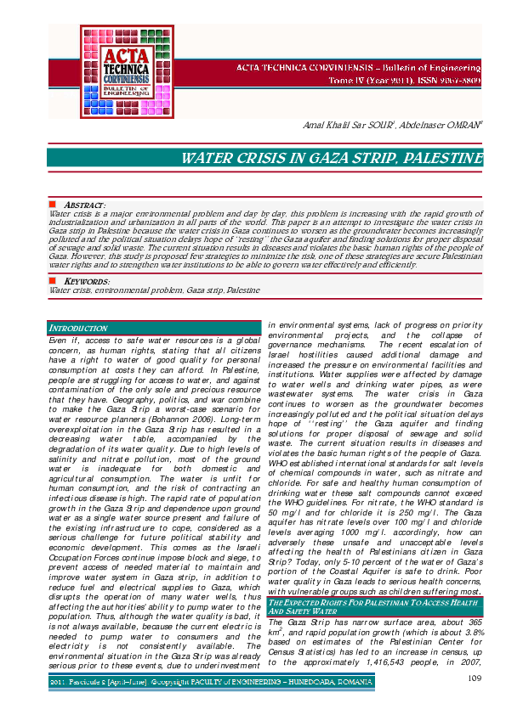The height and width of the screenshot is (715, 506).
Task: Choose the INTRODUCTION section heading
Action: click(78, 328)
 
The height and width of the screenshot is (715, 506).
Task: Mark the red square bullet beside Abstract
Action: click(52, 205)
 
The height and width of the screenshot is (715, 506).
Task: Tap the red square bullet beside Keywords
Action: click(52, 280)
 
